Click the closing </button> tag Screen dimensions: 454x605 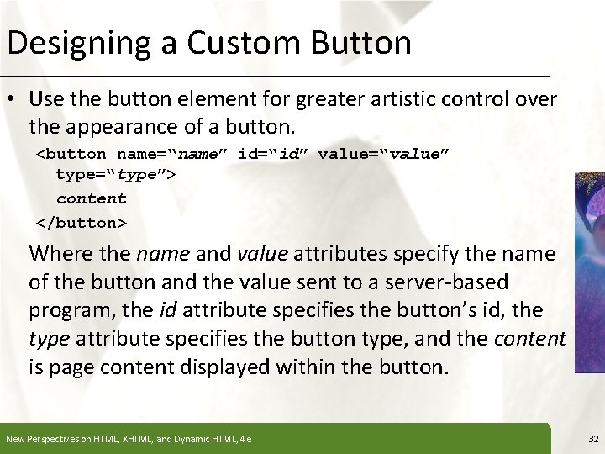tap(82, 223)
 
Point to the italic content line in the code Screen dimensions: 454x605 tap(91, 199)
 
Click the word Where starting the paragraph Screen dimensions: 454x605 tap(58, 253)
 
